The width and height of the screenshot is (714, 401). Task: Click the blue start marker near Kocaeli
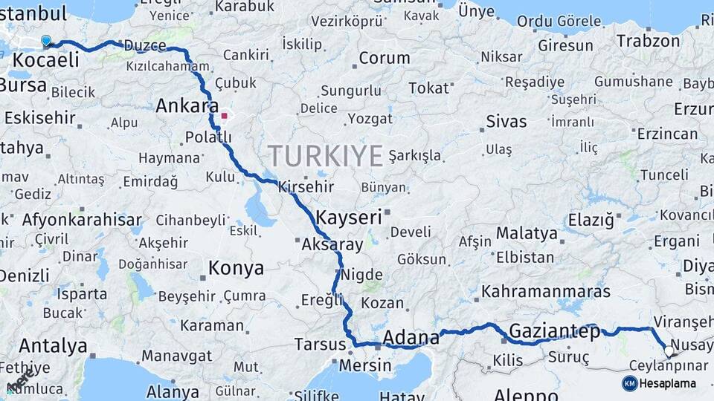click(46, 41)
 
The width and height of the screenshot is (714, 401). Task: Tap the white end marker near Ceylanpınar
click(669, 351)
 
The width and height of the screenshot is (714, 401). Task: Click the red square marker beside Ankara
click(224, 116)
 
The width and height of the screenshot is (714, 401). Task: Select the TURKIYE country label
click(326, 156)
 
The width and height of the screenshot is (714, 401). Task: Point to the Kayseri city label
click(349, 218)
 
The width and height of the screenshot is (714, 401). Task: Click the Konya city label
click(236, 268)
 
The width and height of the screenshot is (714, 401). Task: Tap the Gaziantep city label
click(555, 332)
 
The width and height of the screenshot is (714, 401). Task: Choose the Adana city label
click(411, 339)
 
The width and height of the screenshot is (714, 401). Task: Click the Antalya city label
click(53, 345)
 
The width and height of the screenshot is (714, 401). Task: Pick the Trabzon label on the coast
click(648, 41)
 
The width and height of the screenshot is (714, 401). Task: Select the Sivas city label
click(506, 121)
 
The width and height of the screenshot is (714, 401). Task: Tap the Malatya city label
click(527, 233)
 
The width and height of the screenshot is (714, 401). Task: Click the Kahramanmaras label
click(546, 291)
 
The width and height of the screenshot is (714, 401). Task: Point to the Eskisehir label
click(39, 117)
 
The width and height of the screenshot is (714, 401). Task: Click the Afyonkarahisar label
click(82, 220)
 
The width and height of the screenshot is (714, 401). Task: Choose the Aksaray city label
click(332, 244)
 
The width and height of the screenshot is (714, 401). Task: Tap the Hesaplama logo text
click(667, 383)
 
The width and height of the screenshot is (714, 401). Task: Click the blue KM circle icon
click(629, 383)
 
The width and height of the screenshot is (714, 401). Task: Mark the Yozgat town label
click(370, 119)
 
